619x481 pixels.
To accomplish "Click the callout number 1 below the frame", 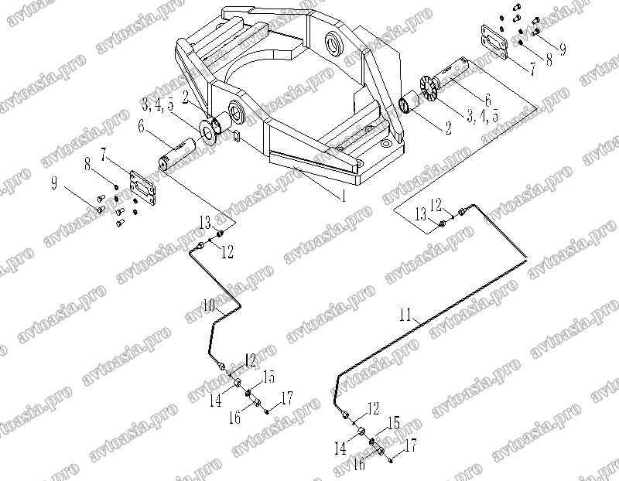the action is [344, 196].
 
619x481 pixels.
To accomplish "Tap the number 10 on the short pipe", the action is [209, 305].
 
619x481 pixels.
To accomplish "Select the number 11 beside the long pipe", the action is [405, 316].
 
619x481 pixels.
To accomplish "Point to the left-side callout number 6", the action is [141, 127].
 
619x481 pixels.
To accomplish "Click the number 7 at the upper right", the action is [533, 70].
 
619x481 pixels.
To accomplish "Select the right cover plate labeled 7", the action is [494, 43].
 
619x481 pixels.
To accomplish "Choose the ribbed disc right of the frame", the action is [427, 86].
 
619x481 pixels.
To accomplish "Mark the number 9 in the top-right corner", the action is [563, 49].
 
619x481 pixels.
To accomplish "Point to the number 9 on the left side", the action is [54, 183].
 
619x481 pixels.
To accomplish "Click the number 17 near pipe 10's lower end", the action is [286, 397].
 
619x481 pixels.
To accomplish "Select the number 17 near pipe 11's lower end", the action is [411, 446].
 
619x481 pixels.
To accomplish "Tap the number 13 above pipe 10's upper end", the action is [205, 223].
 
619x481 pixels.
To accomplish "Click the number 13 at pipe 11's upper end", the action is [421, 215].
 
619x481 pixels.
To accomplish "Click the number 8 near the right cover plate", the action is [549, 60].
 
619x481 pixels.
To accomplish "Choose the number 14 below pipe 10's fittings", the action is [216, 401].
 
